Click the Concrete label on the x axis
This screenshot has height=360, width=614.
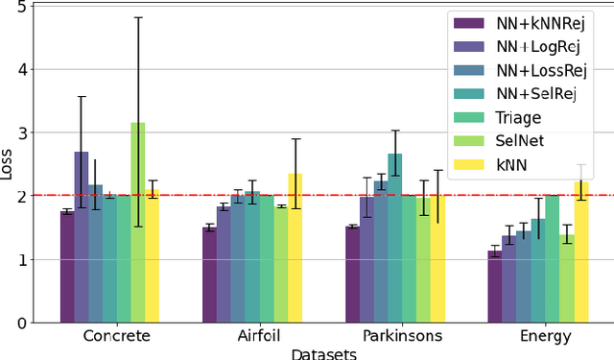click(116, 337)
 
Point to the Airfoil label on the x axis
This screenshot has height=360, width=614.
click(259, 337)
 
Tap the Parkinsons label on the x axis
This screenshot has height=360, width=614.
click(402, 337)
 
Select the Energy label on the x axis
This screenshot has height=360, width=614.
click(544, 337)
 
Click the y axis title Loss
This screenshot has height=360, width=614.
click(9, 164)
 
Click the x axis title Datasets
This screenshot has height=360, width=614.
click(324, 353)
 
